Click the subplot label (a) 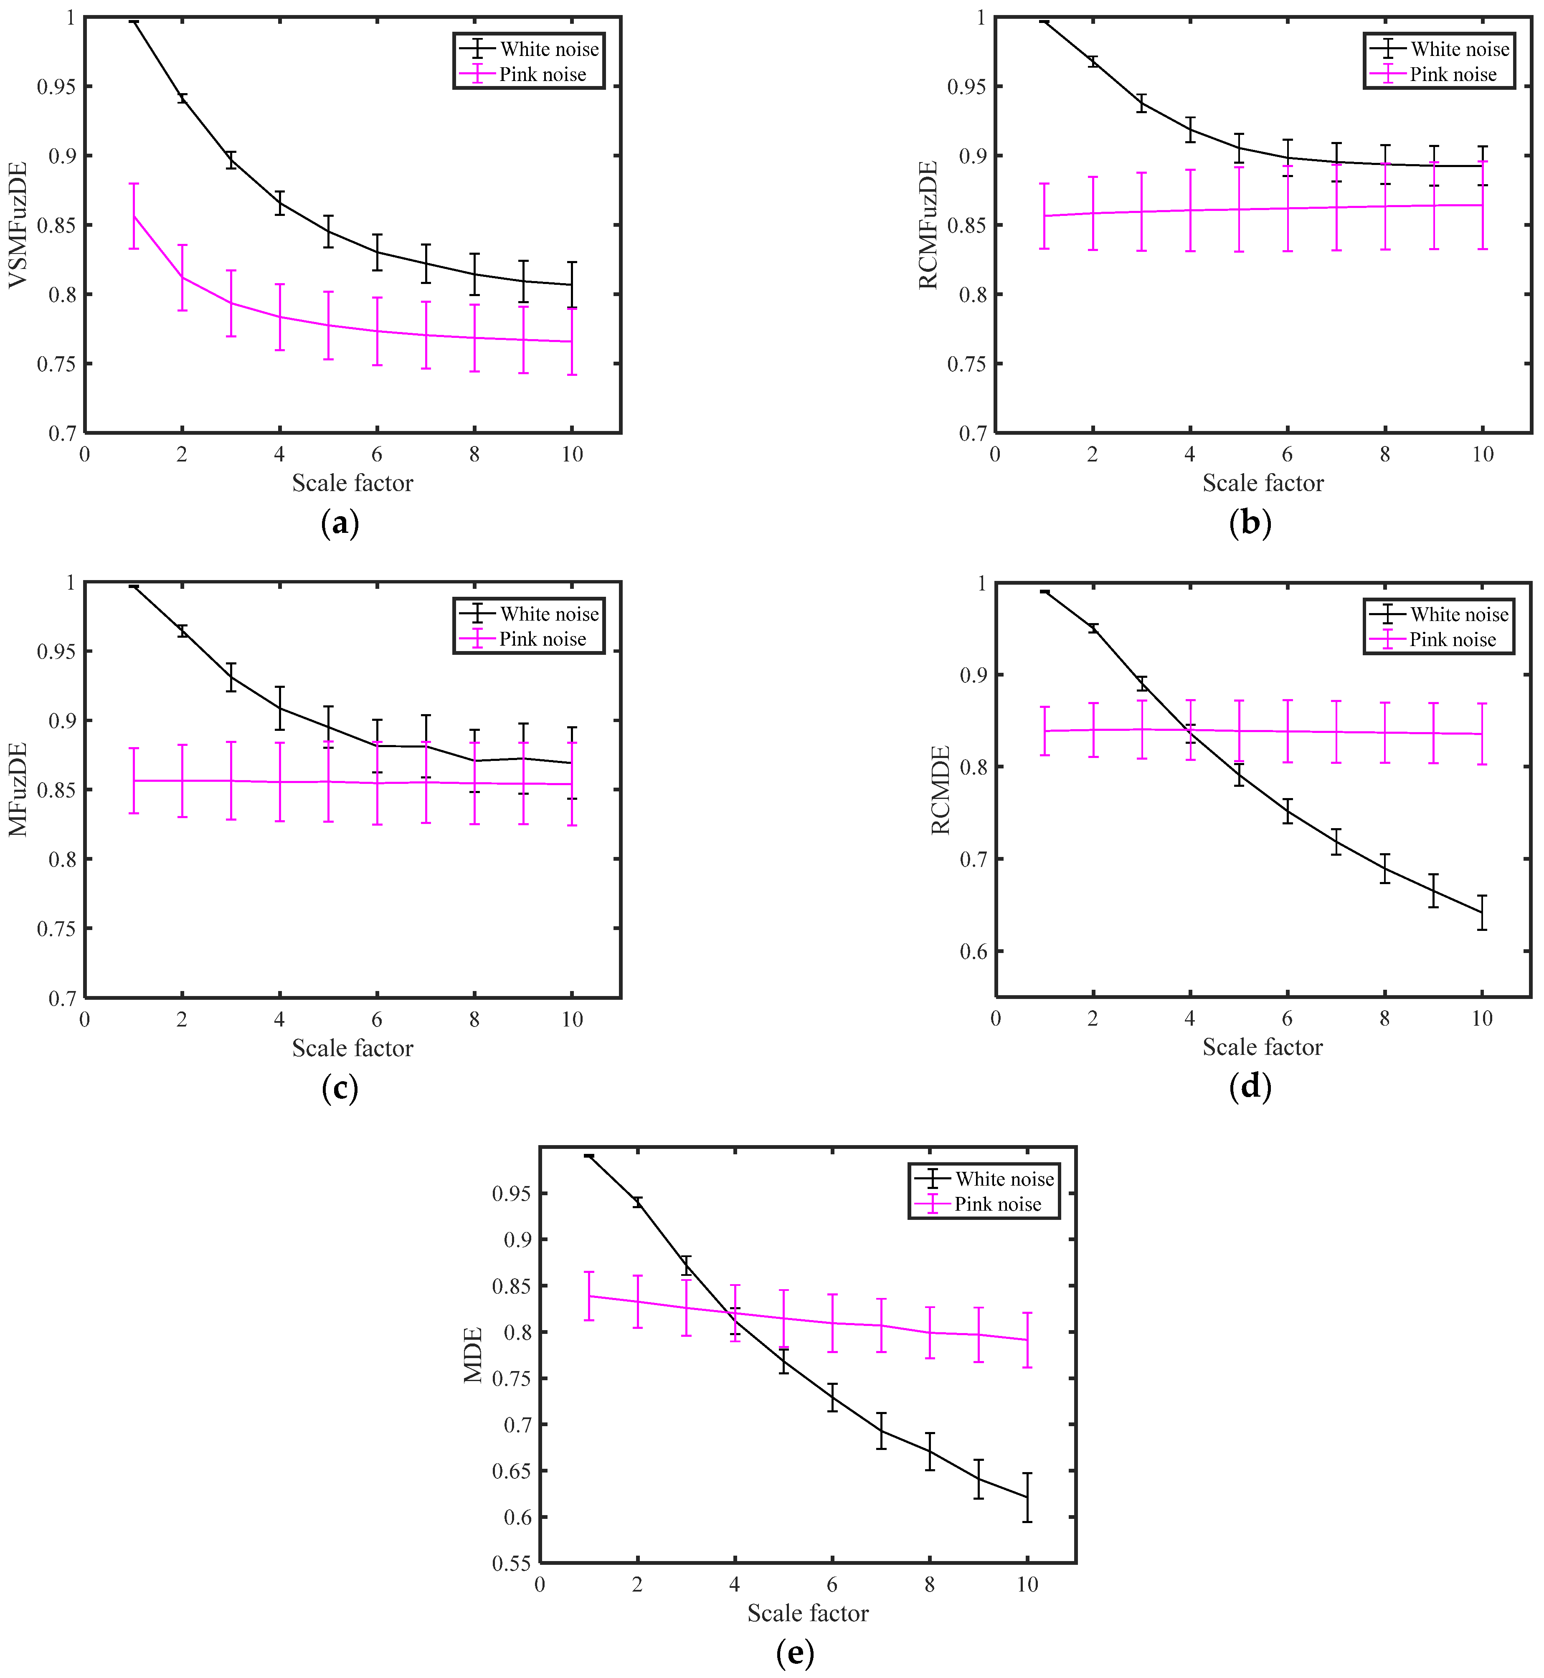pos(340,524)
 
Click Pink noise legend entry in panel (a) pos(542,74)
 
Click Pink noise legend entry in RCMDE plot pos(1452,640)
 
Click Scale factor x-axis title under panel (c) pos(352,1048)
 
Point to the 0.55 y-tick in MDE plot pos(510,1564)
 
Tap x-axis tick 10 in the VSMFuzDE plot pos(572,454)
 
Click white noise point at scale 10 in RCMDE pos(1482,912)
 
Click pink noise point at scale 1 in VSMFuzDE pos(134,216)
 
